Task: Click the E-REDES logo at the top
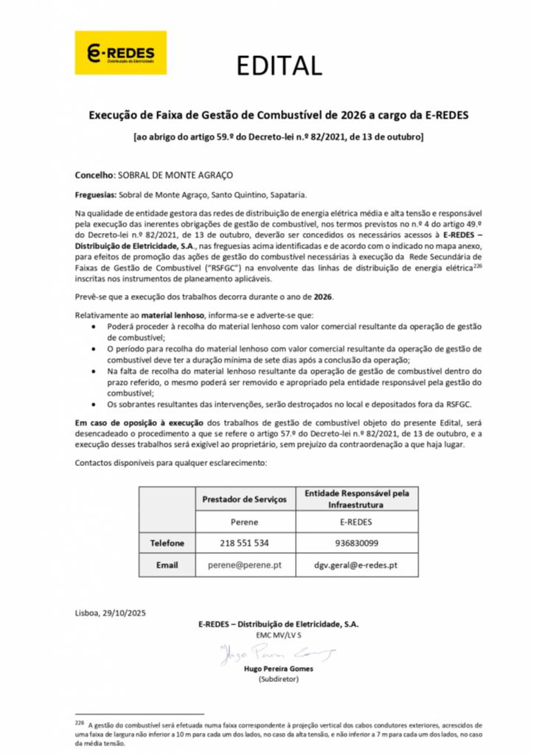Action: coord(120,53)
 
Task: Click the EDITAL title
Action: coord(279,66)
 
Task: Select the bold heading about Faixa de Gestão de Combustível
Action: coord(279,115)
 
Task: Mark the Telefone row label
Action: coord(167,543)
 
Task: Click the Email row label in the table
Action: coord(167,565)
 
